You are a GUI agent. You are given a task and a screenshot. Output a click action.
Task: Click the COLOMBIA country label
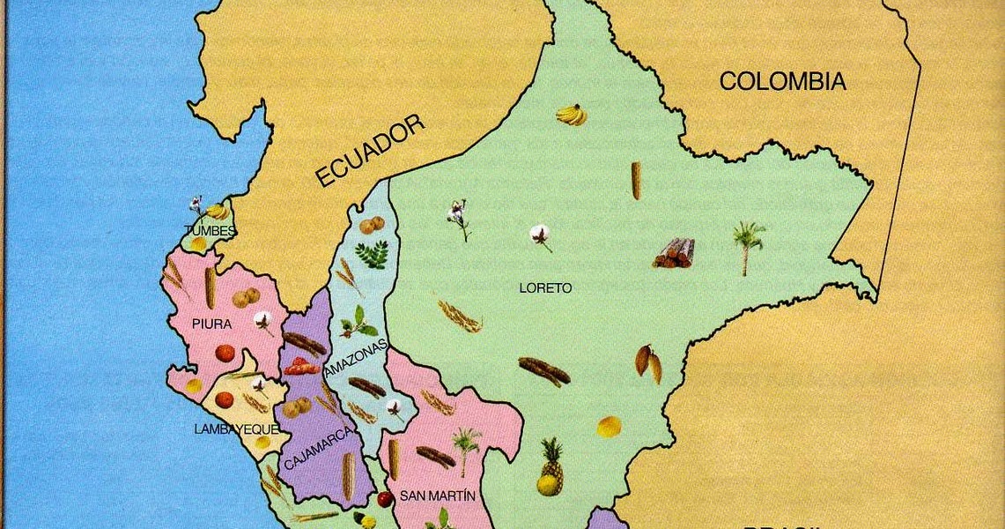(782, 82)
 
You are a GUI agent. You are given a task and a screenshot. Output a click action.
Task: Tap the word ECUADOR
(370, 151)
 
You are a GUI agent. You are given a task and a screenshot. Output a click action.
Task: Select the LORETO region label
(545, 288)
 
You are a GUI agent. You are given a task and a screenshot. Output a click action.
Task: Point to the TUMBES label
(210, 231)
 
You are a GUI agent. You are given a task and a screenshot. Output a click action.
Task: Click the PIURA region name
(212, 324)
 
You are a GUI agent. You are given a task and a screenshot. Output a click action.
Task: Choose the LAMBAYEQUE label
(236, 429)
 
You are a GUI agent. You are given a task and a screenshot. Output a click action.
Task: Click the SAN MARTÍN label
(437, 495)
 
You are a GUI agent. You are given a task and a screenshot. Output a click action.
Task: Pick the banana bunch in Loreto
(572, 115)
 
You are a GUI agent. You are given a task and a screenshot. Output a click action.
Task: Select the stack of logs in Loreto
(674, 253)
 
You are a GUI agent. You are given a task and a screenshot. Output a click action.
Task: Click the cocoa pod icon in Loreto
(648, 363)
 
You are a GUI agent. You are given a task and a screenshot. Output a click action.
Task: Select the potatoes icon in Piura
(246, 297)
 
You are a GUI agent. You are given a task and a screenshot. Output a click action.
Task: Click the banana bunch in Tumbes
(216, 212)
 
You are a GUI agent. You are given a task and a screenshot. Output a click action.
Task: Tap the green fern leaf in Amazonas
(371, 255)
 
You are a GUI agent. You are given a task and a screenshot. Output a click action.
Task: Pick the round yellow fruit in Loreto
(609, 427)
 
